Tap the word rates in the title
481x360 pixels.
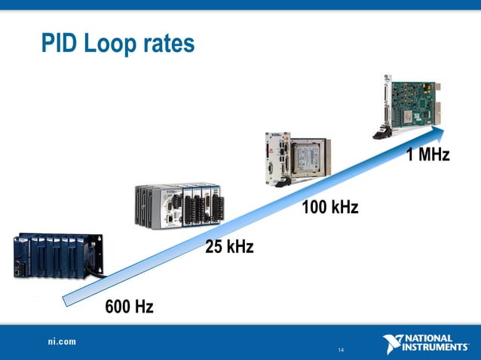click(x=170, y=44)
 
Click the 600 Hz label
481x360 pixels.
click(x=129, y=307)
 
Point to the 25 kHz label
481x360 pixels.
click(x=229, y=247)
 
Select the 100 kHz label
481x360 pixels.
click(x=329, y=206)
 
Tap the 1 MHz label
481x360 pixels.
click(x=427, y=156)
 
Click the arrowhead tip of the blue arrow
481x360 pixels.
click(x=445, y=130)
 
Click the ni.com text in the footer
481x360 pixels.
click(x=58, y=342)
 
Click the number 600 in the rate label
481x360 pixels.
click(x=119, y=307)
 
